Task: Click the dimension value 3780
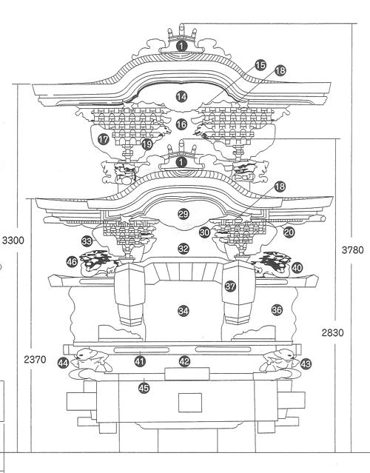[x=352, y=250]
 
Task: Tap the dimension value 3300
[x=13, y=241]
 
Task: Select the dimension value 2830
[x=332, y=333]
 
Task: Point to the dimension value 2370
[x=35, y=359]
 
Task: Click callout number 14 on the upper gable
[x=181, y=97]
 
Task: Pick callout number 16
[x=181, y=124]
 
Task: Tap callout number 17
[x=103, y=140]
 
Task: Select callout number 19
[x=147, y=144]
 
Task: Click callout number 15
[x=260, y=65]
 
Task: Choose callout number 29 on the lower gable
[x=183, y=214]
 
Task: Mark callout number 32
[x=184, y=249]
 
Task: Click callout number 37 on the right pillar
[x=230, y=286]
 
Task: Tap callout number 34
[x=184, y=311]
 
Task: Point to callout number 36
[x=277, y=310]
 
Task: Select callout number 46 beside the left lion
[x=72, y=261]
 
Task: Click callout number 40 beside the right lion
[x=297, y=267]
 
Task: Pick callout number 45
[x=144, y=388]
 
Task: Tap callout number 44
[x=63, y=363]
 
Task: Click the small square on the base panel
[x=190, y=403]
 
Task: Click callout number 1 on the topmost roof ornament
[x=181, y=46]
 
